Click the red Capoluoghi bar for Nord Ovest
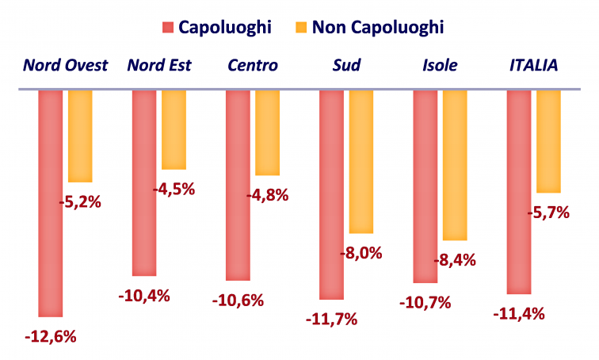pos(51,203)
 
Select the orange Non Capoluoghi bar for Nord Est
pos(173,129)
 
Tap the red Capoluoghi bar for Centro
pos(238,185)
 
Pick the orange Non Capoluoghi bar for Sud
pos(361,161)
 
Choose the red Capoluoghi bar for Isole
pos(425,186)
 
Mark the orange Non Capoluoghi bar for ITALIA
pos(548,141)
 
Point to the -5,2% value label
pos(80,201)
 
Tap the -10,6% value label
pos(238,301)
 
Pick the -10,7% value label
pos(425,302)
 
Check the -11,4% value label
pos(519,313)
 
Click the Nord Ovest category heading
pos(65,65)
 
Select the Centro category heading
pos(252,65)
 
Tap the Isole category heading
pos(440,65)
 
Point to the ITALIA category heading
pos(533,65)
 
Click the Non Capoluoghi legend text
pos(377,27)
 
